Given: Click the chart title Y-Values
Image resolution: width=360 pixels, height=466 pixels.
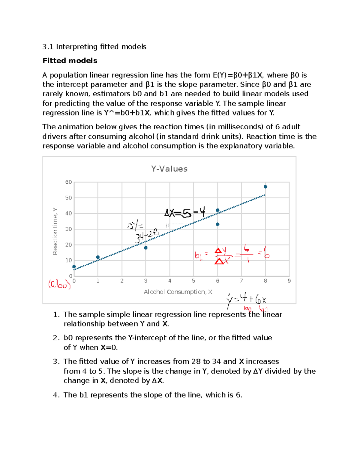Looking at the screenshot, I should pos(169,169).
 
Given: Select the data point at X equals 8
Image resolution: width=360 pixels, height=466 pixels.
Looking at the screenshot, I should pos(265,187).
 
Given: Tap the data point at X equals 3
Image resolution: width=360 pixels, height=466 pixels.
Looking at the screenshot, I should pos(145,248).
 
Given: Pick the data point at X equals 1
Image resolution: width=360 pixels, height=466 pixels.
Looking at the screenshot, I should pos(98,257).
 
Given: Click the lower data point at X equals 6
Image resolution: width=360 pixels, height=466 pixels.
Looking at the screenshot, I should pos(217,224).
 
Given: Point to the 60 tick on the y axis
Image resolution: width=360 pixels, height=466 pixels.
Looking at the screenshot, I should pos(68,182).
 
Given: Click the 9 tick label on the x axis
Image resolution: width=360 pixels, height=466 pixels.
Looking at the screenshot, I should pos(289,281).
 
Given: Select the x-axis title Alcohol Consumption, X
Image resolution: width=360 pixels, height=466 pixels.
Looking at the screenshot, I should pos(178,292).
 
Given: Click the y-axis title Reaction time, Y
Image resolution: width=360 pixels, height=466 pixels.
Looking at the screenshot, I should pos(55,231).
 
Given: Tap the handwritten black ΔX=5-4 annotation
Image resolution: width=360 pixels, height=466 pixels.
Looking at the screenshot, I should pos(185,213).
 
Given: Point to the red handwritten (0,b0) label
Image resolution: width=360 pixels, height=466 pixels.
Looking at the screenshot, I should pos(59,284).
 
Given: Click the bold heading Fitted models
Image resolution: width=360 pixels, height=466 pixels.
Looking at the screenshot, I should pos(70,61).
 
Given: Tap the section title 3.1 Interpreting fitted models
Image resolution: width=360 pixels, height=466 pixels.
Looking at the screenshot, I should pos(94,47).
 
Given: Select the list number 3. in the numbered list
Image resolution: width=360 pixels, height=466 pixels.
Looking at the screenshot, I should pos(56,362).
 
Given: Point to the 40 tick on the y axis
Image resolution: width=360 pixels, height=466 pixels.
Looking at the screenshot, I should pos(68,213).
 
